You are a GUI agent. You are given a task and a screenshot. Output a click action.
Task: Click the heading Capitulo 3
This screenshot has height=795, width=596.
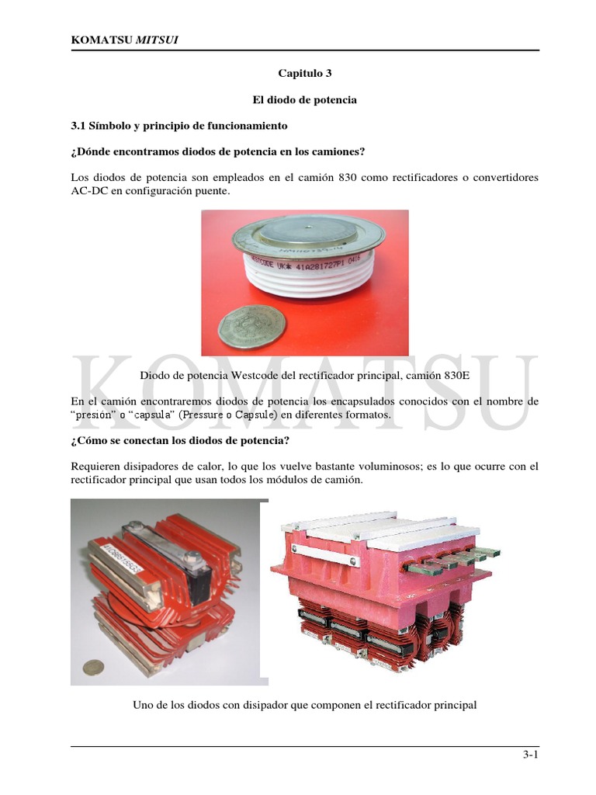304,74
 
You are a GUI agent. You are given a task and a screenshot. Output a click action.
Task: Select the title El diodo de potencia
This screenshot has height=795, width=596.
304,100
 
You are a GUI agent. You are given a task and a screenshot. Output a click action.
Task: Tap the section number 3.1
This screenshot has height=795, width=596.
81,126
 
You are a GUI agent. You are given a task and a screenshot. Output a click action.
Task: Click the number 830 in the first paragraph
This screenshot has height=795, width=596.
347,178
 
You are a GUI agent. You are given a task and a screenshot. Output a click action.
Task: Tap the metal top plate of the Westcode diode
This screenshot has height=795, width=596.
310,231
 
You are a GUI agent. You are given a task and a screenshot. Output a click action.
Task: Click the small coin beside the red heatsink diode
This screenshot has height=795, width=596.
94,667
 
